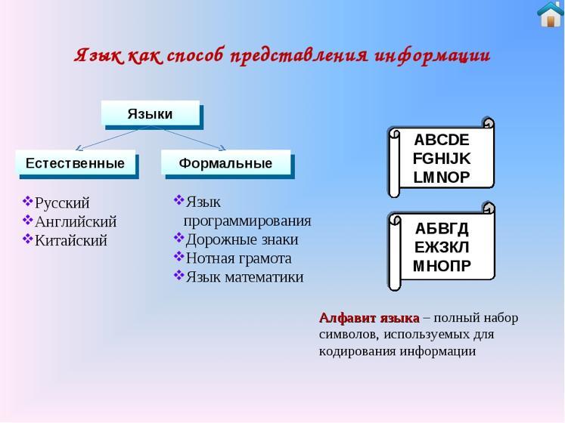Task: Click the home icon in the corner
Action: point(550,14)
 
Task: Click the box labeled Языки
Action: point(151,114)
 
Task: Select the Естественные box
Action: point(76,163)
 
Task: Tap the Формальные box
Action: point(225,163)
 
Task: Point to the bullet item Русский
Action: point(62,202)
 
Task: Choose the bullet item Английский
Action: point(76,221)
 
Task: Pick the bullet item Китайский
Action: point(71,240)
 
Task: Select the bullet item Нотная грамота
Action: point(238,258)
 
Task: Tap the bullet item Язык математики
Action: point(244,276)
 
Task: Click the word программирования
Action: point(247,221)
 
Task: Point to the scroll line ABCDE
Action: point(442,140)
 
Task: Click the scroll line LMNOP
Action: point(442,178)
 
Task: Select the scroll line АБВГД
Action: point(442,228)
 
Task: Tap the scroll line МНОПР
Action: point(442,266)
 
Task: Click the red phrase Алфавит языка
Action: point(369,317)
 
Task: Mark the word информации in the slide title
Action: point(432,56)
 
